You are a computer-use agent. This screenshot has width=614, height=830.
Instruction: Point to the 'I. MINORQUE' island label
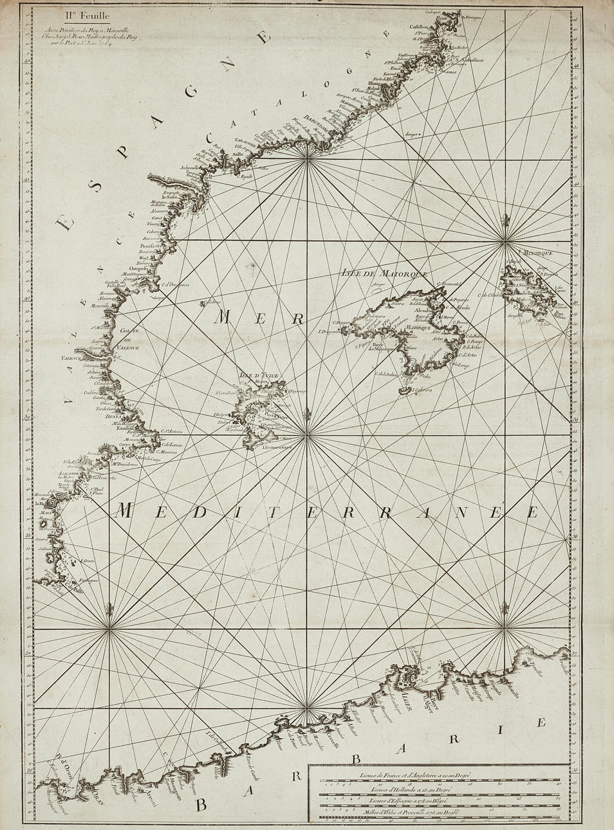539,253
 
